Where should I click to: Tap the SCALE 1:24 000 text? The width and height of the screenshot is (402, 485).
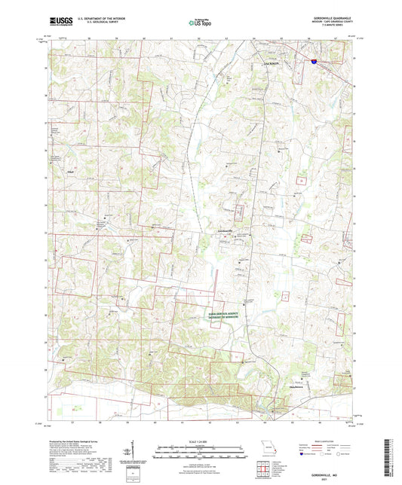[x=200, y=439]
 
